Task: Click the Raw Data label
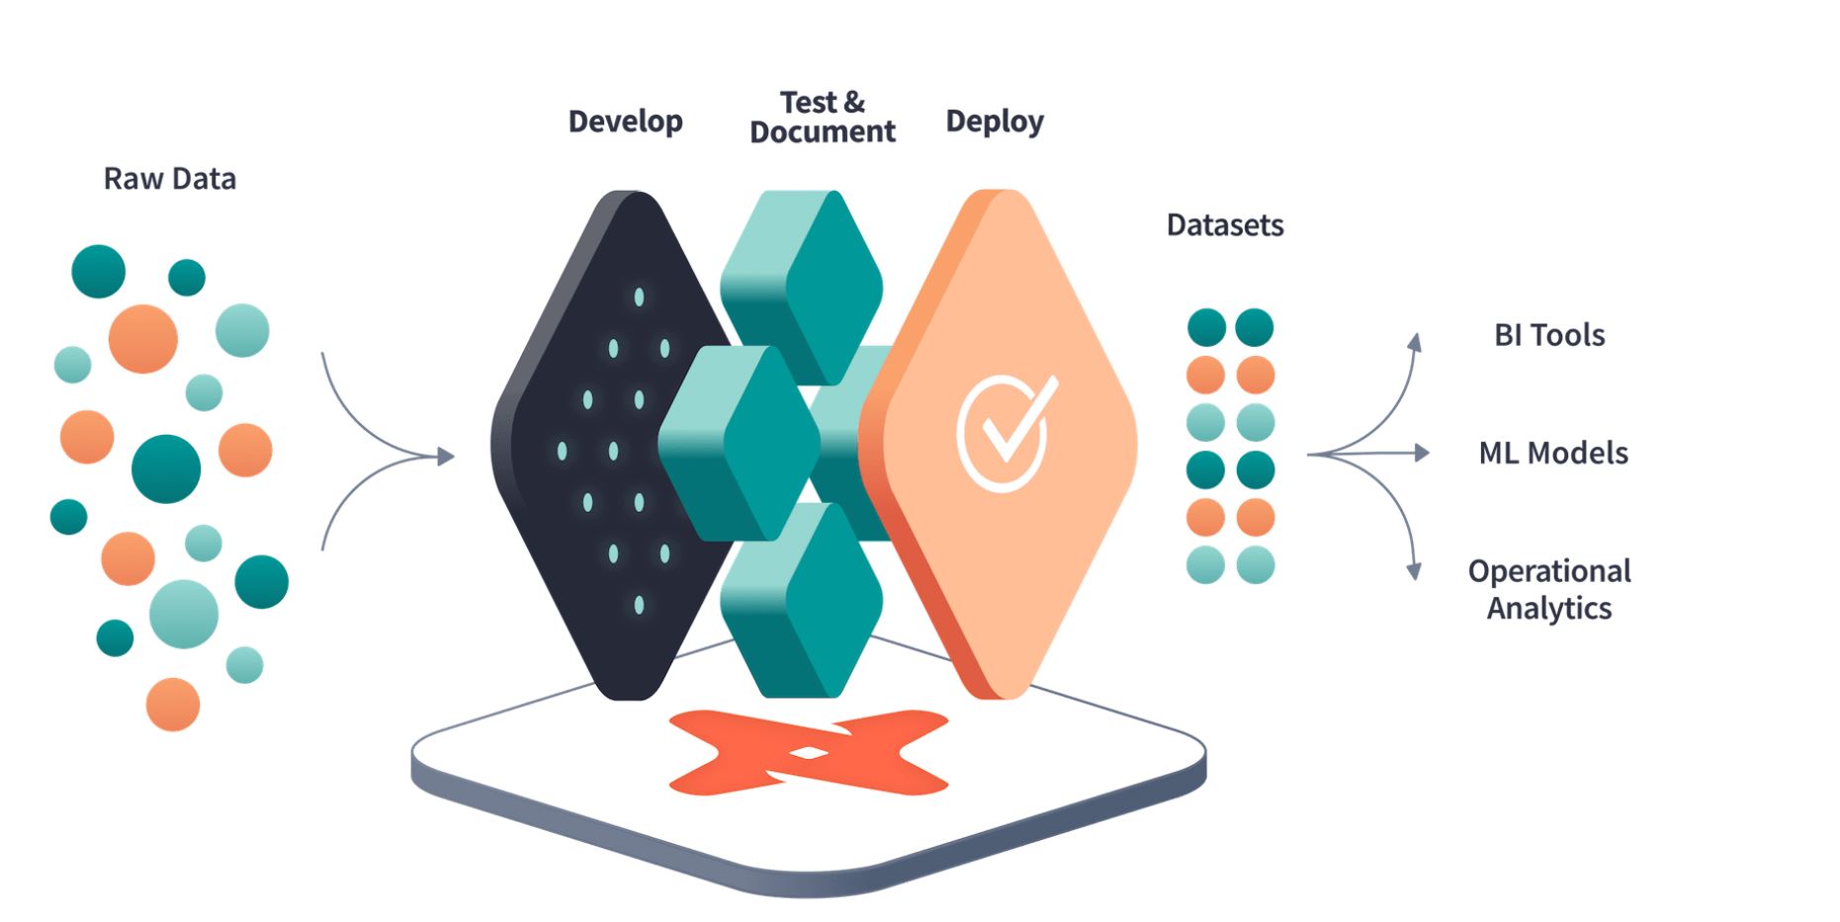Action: coord(170,179)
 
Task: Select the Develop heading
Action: coord(626,122)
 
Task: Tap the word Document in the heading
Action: coord(823,131)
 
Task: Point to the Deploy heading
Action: coord(995,122)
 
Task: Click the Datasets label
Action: coord(1225,225)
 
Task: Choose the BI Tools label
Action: coord(1549,335)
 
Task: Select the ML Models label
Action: coord(1553,453)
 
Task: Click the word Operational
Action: coord(1549,571)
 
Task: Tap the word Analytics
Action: coord(1549,608)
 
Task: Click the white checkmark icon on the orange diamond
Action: coord(1006,432)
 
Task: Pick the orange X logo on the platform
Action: coord(809,752)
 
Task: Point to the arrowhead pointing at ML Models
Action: coord(1423,453)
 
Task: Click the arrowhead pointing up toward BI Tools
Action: coord(1416,342)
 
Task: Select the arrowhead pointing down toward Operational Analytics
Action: coord(1415,570)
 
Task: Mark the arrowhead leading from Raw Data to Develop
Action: coord(446,456)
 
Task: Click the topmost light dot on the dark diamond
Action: coord(639,296)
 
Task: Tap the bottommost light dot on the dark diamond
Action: coord(639,605)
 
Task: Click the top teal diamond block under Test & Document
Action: coord(802,287)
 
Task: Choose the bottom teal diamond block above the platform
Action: coord(802,599)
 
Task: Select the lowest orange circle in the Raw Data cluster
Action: coord(173,705)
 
